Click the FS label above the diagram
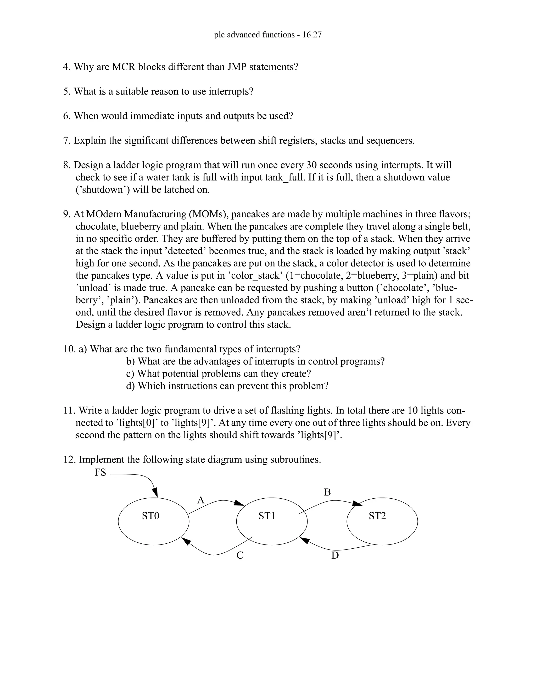pos(100,472)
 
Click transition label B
pos(327,493)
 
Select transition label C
pos(240,555)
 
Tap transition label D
pos(335,555)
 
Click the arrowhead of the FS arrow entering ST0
pos(155,493)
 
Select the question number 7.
pos(67,140)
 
